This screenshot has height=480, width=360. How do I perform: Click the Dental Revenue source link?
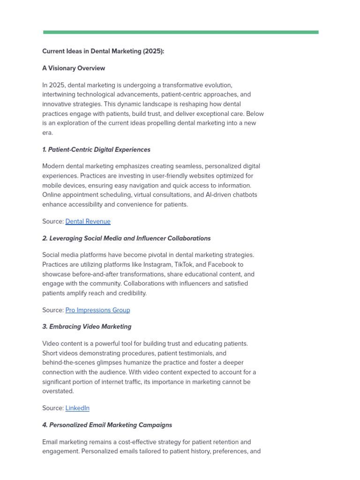[88, 221]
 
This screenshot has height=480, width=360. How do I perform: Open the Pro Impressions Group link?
[97, 310]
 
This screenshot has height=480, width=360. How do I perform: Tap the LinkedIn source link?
[77, 408]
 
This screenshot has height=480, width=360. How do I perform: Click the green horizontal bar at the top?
[180, 32]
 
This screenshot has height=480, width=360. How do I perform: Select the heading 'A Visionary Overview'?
[74, 68]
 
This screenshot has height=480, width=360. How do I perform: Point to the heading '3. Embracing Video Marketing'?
[87, 326]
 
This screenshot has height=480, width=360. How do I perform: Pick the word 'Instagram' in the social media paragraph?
[160, 264]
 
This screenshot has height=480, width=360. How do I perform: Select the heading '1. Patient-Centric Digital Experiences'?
[96, 150]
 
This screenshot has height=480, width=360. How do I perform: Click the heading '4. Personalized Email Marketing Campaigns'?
[107, 425]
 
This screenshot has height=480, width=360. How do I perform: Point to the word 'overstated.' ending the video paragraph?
[58, 391]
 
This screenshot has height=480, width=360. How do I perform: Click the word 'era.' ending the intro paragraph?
[48, 133]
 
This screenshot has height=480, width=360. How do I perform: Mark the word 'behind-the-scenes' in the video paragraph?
[70, 362]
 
